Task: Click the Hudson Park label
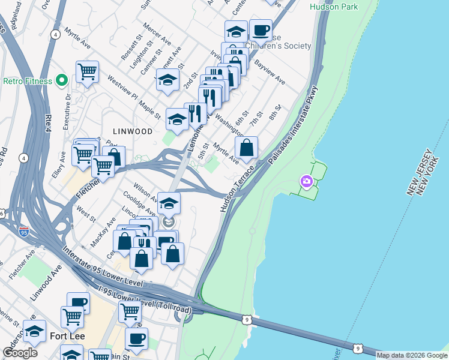pyautogui.click(x=334, y=7)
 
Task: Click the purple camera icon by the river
pyautogui.click(x=307, y=181)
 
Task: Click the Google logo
pyautogui.click(x=20, y=353)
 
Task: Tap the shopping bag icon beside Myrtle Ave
pyautogui.click(x=246, y=147)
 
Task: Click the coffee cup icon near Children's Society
pyautogui.click(x=260, y=29)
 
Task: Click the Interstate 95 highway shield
pyautogui.click(x=24, y=230)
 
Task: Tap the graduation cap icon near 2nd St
pyautogui.click(x=167, y=80)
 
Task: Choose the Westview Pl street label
pyautogui.click(x=123, y=88)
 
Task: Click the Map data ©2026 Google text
pyautogui.click(x=412, y=355)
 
